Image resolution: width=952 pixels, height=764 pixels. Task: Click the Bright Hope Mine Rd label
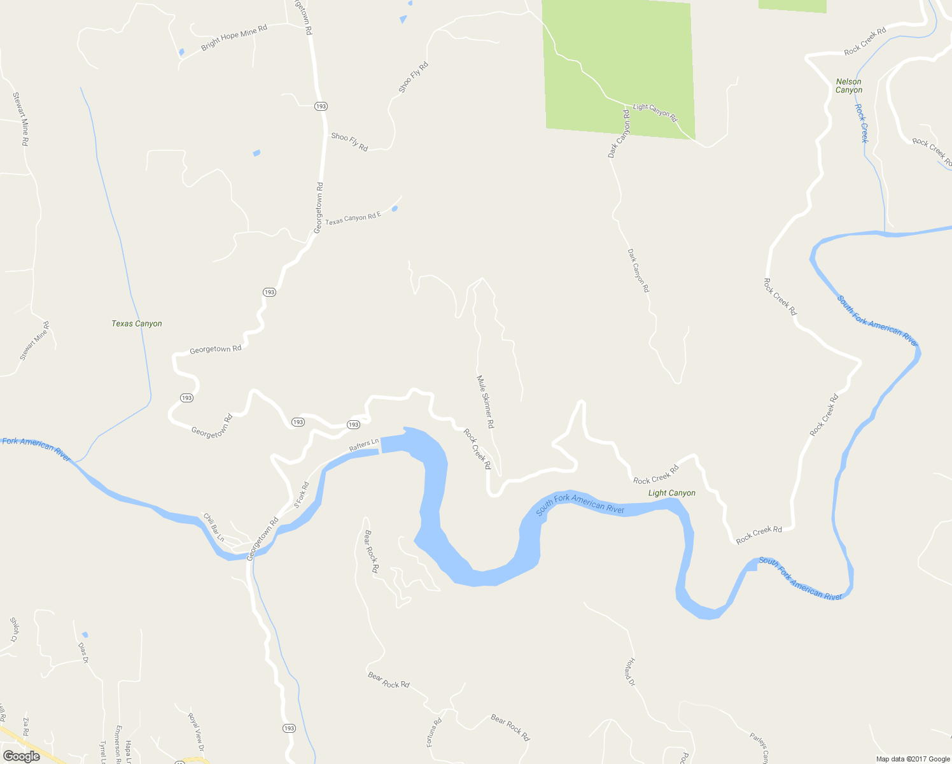coord(234,38)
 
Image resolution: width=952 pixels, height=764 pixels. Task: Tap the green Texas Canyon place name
coord(137,323)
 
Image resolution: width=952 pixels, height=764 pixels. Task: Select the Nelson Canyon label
coord(849,86)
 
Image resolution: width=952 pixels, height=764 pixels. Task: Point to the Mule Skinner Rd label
coord(486,401)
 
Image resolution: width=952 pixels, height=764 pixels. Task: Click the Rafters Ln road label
coord(364,445)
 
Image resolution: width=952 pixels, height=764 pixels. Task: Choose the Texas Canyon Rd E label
coord(353,218)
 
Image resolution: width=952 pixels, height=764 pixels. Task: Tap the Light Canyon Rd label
coord(655,112)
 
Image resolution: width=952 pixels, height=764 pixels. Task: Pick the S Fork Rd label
coord(301,495)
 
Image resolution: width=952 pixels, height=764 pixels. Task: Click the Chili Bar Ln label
coord(213,527)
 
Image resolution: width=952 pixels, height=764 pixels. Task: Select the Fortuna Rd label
coord(434,732)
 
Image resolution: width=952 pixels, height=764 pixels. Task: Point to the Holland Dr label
coord(630,672)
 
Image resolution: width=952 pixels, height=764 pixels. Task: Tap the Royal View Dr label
coord(195,732)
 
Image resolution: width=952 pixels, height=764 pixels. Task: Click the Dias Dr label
coord(83,653)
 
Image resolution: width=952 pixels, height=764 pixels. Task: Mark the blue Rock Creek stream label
coord(861,123)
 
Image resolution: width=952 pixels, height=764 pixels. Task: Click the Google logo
coord(22,756)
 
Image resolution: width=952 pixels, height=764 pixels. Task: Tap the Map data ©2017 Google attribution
coord(913,759)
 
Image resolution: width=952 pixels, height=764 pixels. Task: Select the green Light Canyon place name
coord(671,493)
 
